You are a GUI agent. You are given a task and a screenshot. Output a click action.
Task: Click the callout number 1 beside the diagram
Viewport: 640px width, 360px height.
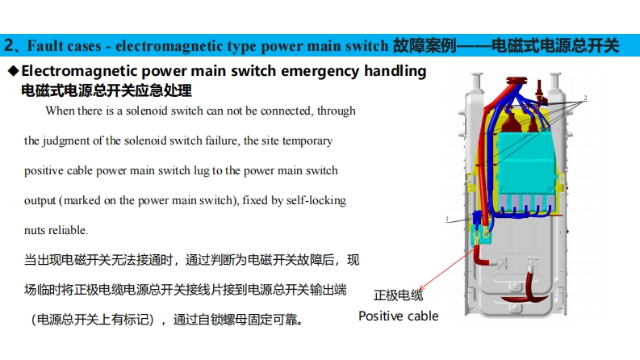click(x=446, y=219)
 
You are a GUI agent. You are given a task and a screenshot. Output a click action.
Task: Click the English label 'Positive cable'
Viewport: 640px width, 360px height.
click(x=399, y=316)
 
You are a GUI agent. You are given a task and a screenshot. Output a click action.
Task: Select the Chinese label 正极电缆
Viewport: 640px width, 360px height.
click(x=399, y=295)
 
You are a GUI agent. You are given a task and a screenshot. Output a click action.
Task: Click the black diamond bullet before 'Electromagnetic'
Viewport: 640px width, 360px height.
click(x=13, y=71)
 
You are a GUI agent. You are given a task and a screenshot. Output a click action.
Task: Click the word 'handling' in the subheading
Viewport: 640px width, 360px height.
click(x=395, y=71)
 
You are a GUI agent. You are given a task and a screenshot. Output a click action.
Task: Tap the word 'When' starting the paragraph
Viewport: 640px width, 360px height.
click(x=60, y=111)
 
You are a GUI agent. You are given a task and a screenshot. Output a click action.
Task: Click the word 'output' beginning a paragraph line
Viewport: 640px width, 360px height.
click(x=39, y=200)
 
